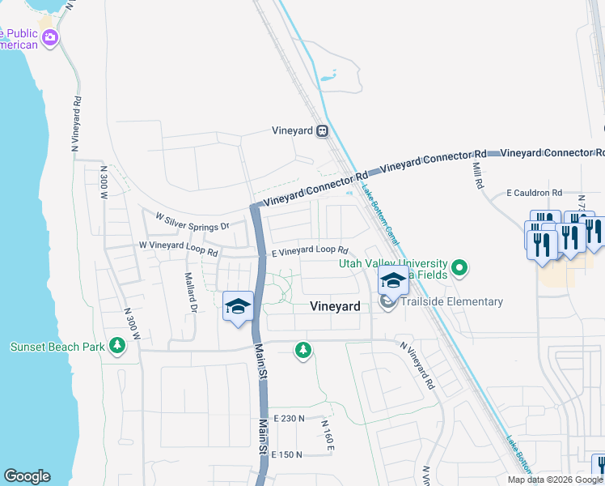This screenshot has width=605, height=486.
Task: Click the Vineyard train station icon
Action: point(323,130)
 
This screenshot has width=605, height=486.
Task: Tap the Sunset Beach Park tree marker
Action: point(118,347)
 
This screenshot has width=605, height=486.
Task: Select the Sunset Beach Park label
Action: point(57,347)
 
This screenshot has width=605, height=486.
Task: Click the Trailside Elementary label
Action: point(453,302)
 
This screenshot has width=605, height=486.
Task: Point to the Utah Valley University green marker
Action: point(459,266)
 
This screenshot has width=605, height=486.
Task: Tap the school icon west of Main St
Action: point(238,308)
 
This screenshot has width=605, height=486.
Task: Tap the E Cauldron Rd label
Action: point(534,193)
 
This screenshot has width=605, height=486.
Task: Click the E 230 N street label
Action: point(289,418)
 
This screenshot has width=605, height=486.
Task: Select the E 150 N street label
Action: point(287,455)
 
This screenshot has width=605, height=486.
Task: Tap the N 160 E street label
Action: point(327,436)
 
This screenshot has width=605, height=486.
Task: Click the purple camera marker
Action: point(50,37)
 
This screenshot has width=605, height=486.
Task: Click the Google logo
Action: point(27,476)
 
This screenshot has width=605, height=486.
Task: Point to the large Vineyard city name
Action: point(335,306)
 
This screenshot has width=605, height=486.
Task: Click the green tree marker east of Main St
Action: point(302,350)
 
